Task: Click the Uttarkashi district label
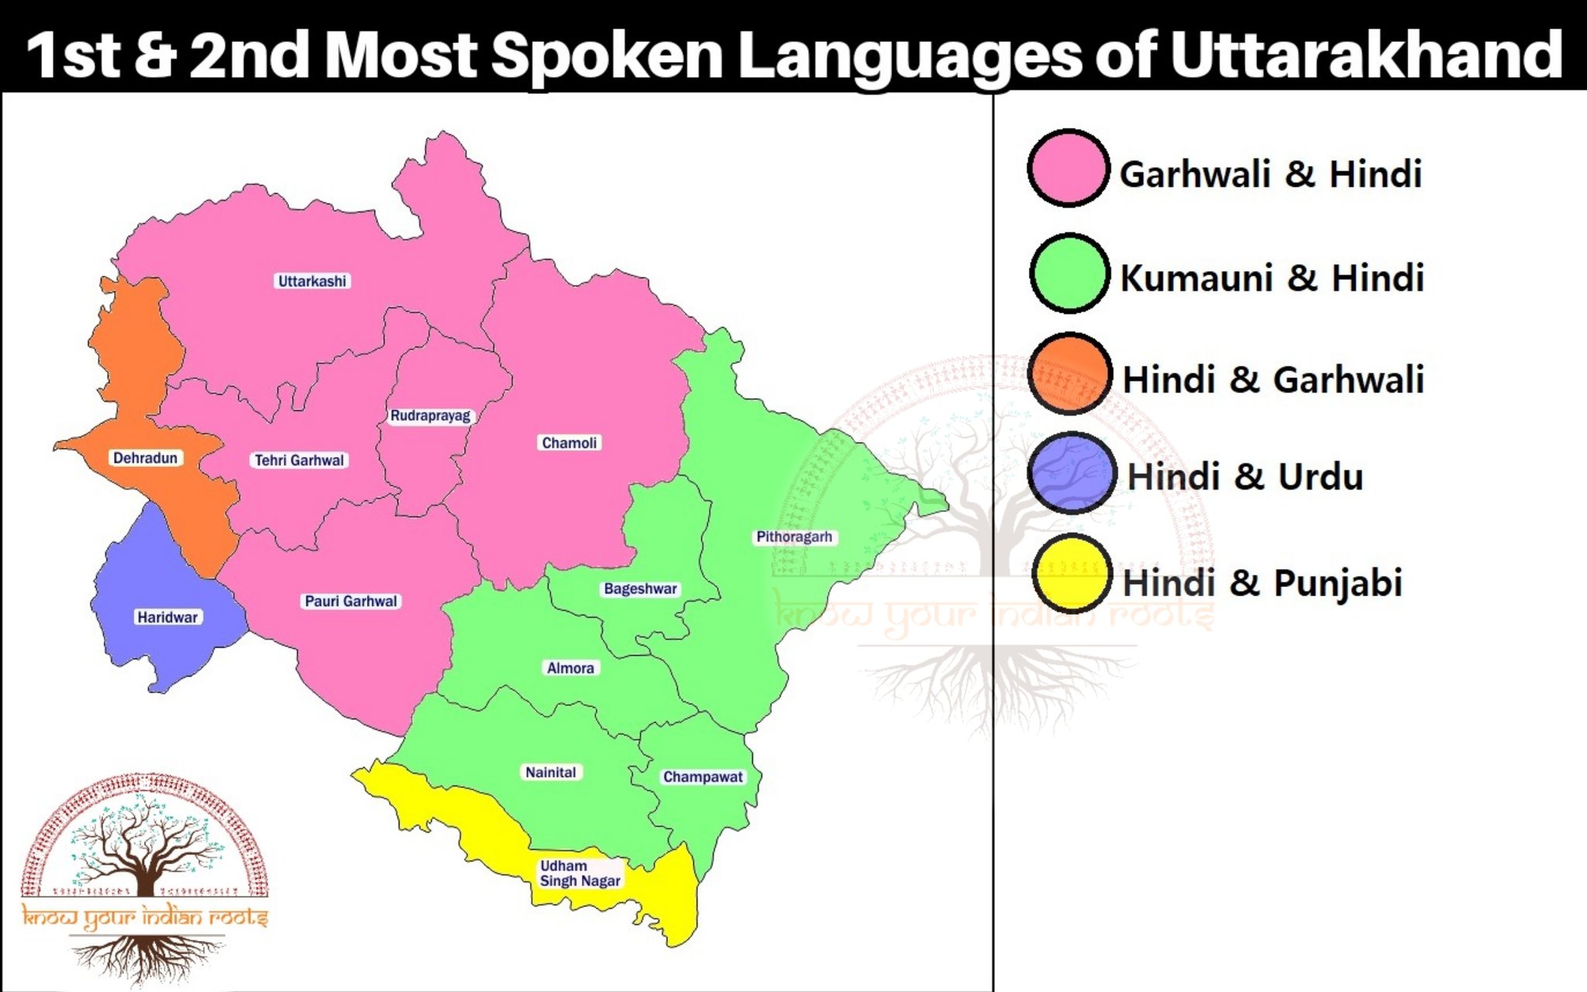point(312,281)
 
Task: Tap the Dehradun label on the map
point(145,458)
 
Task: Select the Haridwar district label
point(167,618)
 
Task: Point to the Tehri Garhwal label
point(299,460)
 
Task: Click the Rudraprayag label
point(430,416)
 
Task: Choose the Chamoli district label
point(570,443)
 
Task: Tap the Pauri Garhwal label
point(350,601)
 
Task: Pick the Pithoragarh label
point(794,537)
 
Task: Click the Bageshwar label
point(640,589)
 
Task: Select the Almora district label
point(570,668)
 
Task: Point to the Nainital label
point(550,773)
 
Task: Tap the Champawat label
point(702,777)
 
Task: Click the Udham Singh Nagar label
point(580,873)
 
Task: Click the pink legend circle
point(1069,168)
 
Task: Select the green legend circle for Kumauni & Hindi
point(1070,274)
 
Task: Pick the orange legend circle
point(1070,374)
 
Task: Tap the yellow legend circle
point(1072,574)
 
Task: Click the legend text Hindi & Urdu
point(1244,477)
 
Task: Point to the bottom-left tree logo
point(145,876)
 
